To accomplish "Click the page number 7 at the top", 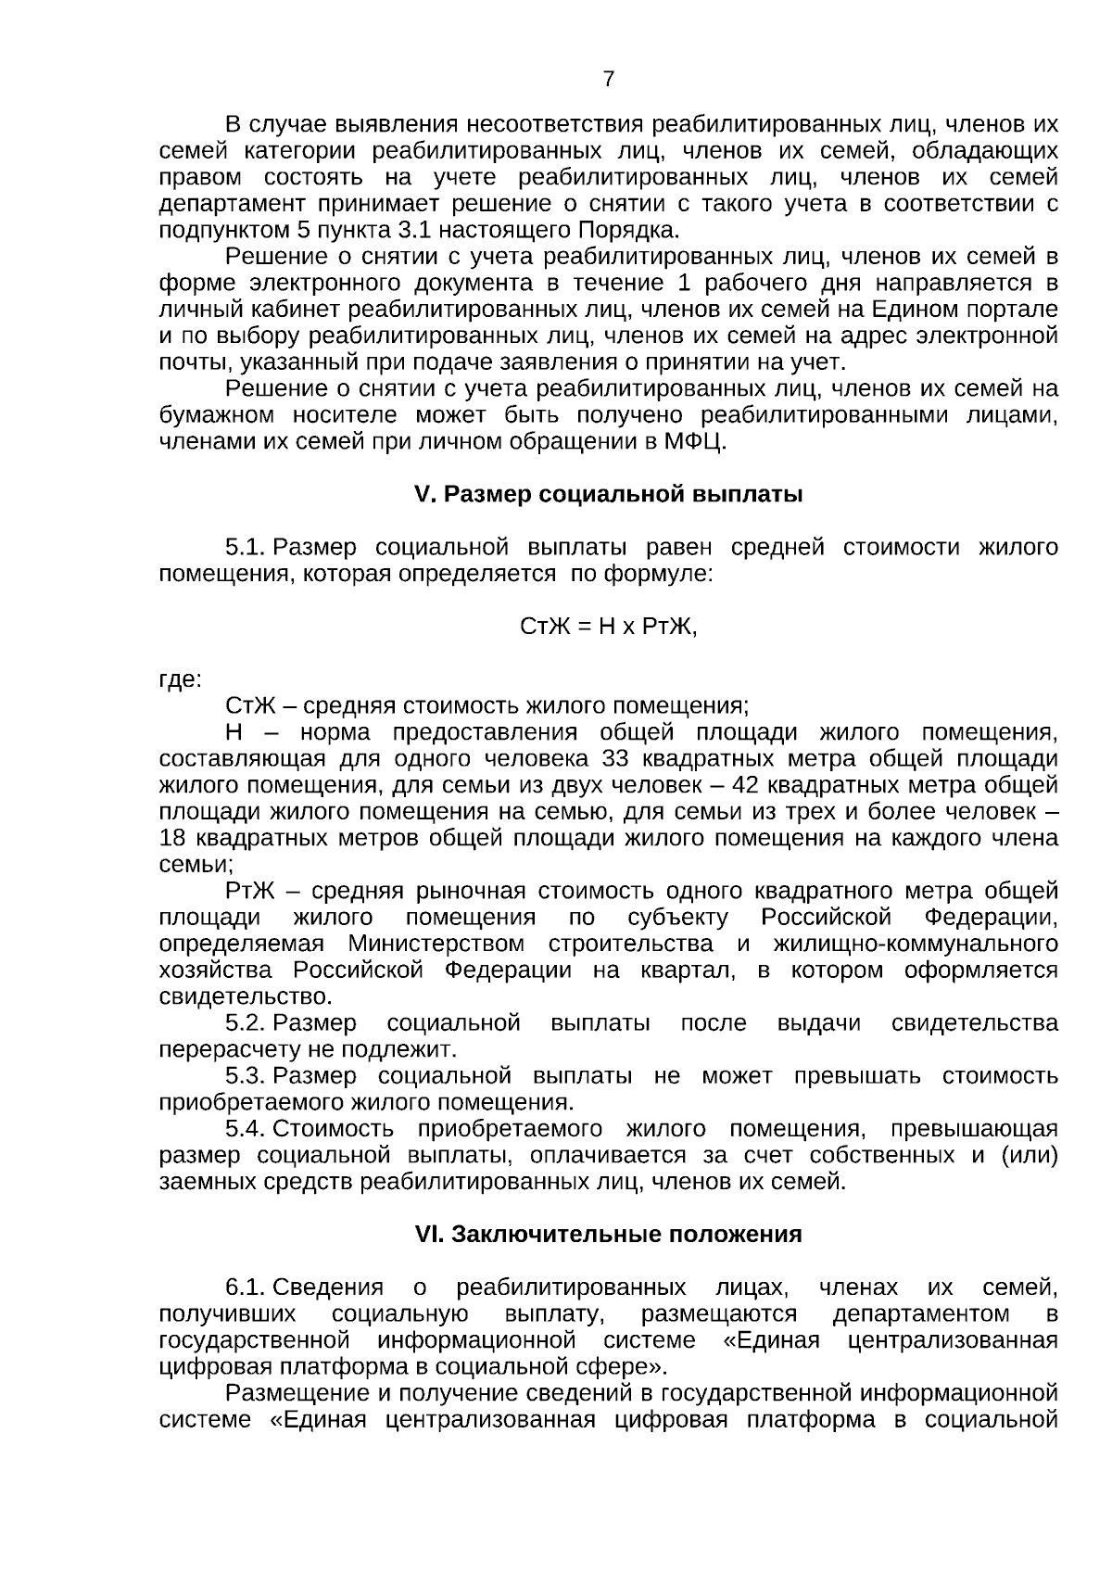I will [x=608, y=80].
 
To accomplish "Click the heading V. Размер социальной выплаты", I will [x=608, y=494].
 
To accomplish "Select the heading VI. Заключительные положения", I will [x=608, y=1235].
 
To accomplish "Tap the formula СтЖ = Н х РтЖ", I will [x=608, y=627].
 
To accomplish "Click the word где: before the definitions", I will [x=180, y=679].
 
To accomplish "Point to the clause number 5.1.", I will [x=246, y=547].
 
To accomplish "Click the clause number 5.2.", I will [x=246, y=1023].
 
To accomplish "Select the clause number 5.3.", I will [x=246, y=1076].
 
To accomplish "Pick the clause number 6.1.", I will [x=246, y=1288].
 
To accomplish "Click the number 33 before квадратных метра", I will [x=616, y=759].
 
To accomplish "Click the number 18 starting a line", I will [x=172, y=838].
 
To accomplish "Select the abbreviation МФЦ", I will [x=694, y=441].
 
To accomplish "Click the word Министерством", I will [x=436, y=944].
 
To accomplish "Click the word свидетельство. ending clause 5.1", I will [x=246, y=997].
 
